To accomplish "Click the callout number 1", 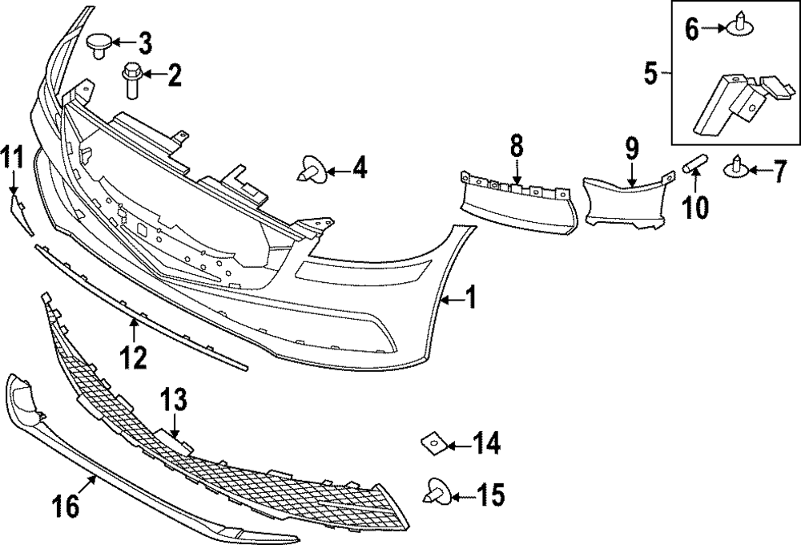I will click(x=470, y=299).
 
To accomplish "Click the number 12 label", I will click(x=134, y=356).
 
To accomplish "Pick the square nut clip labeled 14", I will click(x=431, y=442).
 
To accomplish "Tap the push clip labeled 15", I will click(x=437, y=490).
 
